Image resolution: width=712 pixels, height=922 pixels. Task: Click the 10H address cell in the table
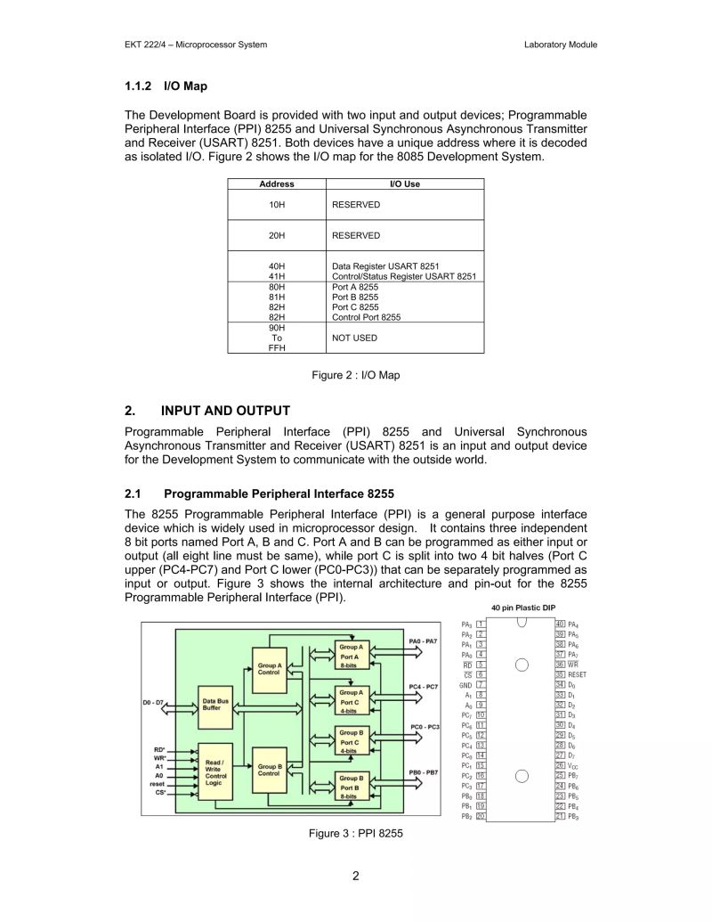tap(277, 205)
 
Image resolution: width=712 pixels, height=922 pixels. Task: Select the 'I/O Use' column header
tap(405, 184)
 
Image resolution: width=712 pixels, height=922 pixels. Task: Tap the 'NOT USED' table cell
tap(354, 339)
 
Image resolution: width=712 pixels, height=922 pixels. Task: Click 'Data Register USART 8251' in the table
tap(385, 266)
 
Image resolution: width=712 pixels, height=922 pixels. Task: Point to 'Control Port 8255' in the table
tap(366, 317)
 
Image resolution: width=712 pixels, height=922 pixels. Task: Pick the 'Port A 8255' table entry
tap(355, 287)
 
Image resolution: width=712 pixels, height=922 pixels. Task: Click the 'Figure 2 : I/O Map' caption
tap(355, 375)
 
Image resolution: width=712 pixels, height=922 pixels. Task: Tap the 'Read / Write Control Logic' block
tap(214, 772)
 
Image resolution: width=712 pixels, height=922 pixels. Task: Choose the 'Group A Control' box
tap(269, 668)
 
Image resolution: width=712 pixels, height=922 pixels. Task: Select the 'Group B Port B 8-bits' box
tap(350, 787)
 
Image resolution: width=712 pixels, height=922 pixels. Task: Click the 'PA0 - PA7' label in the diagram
tap(423, 641)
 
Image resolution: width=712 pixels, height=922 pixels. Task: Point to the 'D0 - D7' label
tap(154, 703)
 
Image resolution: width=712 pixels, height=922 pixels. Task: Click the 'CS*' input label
tap(160, 792)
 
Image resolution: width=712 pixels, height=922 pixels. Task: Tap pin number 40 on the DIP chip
tap(560, 624)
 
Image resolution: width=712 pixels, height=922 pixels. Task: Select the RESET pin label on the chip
tap(577, 675)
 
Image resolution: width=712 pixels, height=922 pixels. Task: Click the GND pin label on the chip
tap(465, 685)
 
